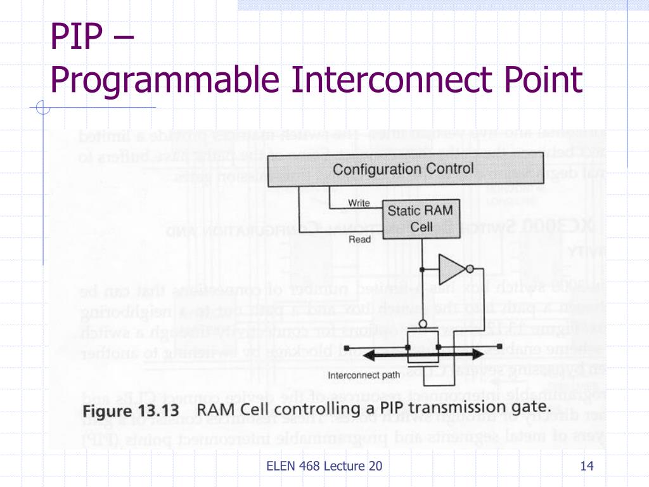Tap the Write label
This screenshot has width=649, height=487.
[x=359, y=203]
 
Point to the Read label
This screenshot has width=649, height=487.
[x=359, y=240]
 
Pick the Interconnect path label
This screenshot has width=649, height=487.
[x=363, y=375]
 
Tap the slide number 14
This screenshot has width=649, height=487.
[x=586, y=466]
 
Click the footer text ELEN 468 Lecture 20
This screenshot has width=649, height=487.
[x=324, y=466]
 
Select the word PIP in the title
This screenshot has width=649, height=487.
[x=76, y=38]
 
